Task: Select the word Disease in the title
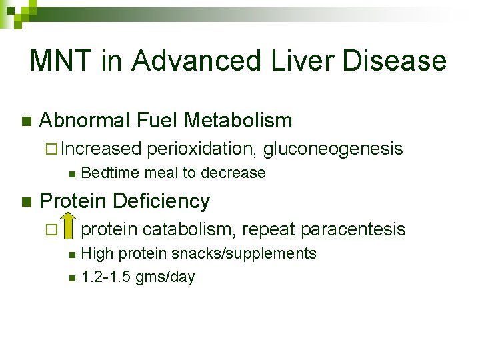[x=394, y=61]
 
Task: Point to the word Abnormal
[x=85, y=121]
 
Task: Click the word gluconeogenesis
[x=333, y=149]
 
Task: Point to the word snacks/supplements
[x=244, y=253]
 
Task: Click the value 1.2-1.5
[x=106, y=277]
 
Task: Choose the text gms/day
[x=165, y=277]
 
